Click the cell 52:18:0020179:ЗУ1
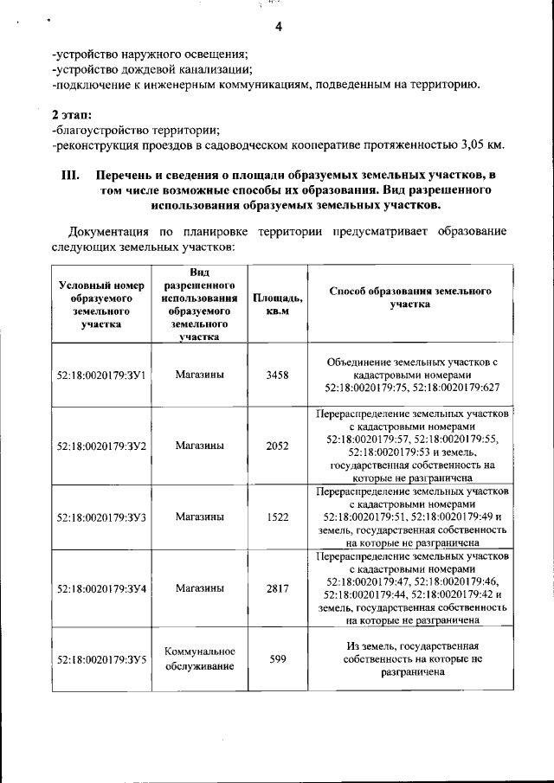click(x=100, y=375)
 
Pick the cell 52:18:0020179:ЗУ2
click(x=100, y=446)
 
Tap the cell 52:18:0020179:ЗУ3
click(x=100, y=517)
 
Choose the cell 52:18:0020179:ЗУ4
click(x=100, y=587)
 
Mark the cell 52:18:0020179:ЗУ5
click(x=100, y=659)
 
